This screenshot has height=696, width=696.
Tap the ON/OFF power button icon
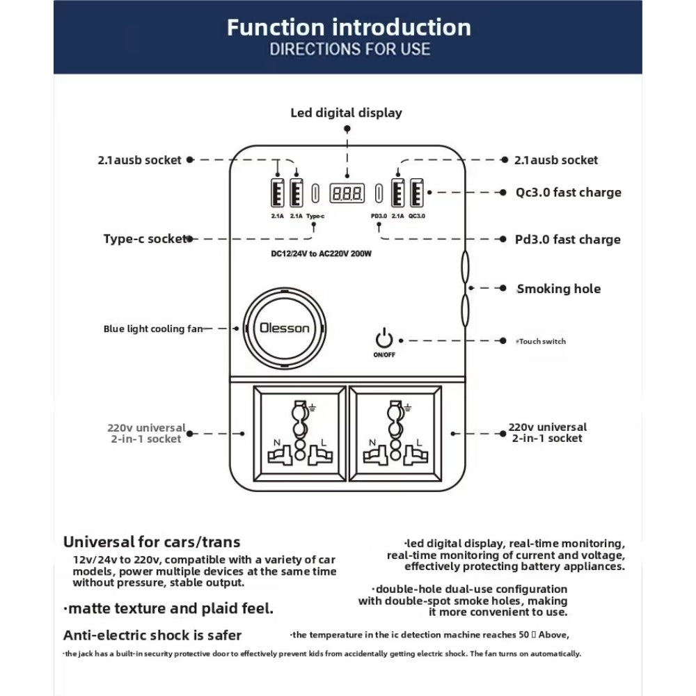coord(383,339)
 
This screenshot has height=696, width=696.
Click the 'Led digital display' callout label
coord(346,113)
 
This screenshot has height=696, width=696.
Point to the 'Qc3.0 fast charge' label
coord(568,193)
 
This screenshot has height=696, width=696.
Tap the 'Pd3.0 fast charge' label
coord(568,239)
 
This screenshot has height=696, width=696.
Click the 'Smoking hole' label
coord(558,289)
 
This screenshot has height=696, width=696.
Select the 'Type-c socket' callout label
coord(145,239)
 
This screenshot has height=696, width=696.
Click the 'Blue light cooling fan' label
coord(153,329)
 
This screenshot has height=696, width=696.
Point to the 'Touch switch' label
coord(541,341)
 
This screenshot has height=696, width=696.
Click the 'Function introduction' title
coord(349,28)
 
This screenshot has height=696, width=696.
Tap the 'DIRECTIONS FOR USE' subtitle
coord(349,49)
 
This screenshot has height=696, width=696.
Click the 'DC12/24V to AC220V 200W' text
coord(322,254)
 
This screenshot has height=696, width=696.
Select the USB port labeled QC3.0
coord(417,193)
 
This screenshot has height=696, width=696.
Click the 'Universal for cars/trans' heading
coord(152,542)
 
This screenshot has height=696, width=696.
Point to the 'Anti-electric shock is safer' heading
coord(152,635)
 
